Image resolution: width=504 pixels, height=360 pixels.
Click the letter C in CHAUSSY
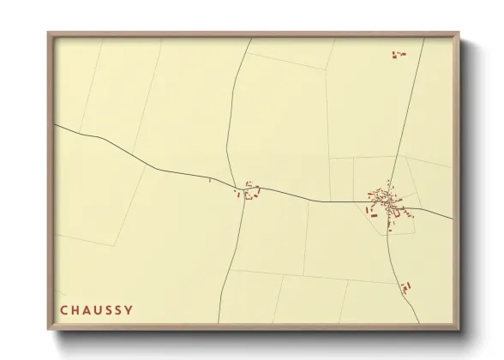click(x=63, y=309)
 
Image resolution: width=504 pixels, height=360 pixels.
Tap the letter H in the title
click(x=75, y=309)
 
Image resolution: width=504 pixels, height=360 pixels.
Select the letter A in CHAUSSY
click(x=87, y=309)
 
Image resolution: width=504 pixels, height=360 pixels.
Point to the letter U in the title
click(x=99, y=309)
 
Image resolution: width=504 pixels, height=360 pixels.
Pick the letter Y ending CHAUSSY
click(x=129, y=309)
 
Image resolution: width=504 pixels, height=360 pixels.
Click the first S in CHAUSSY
click(x=110, y=309)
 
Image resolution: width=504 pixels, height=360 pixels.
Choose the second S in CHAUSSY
click(x=120, y=309)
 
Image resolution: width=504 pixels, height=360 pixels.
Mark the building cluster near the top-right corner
click(x=398, y=55)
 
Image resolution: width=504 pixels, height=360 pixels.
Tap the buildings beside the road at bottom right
click(x=405, y=288)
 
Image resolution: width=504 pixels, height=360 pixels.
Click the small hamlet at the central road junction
click(x=249, y=191)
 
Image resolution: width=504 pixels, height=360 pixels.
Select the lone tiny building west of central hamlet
click(x=209, y=180)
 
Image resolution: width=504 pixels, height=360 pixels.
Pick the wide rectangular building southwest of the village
click(x=374, y=215)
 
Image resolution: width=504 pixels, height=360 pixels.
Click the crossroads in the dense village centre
click(x=388, y=202)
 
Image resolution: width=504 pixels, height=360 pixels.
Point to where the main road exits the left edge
click(x=56, y=125)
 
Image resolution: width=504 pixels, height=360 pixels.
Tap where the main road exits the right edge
click(x=452, y=219)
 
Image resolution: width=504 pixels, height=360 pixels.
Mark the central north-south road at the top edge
click(x=250, y=39)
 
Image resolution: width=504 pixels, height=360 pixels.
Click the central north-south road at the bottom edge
click(x=221, y=322)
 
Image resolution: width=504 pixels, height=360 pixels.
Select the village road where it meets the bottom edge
click(x=419, y=322)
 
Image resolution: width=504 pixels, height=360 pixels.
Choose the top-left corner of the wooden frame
click(x=49, y=33)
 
